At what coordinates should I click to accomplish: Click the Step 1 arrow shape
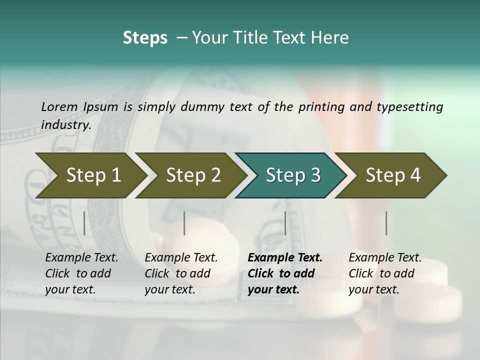(x=92, y=175)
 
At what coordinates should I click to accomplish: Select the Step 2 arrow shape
(x=192, y=175)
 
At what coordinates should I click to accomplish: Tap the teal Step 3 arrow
(x=292, y=175)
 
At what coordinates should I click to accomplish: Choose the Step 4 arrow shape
(x=392, y=175)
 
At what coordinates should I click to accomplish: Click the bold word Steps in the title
(x=145, y=38)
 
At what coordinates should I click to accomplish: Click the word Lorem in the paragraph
(x=59, y=106)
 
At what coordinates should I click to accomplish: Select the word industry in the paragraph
(x=65, y=124)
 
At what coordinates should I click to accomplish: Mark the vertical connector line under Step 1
(x=84, y=223)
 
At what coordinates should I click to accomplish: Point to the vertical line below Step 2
(x=184, y=223)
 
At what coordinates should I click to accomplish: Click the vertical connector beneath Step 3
(x=285, y=223)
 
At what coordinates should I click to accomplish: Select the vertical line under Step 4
(x=386, y=223)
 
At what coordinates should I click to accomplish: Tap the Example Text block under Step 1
(x=81, y=273)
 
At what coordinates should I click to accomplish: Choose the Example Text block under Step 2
(x=181, y=273)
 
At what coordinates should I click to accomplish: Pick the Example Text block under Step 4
(x=385, y=273)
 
